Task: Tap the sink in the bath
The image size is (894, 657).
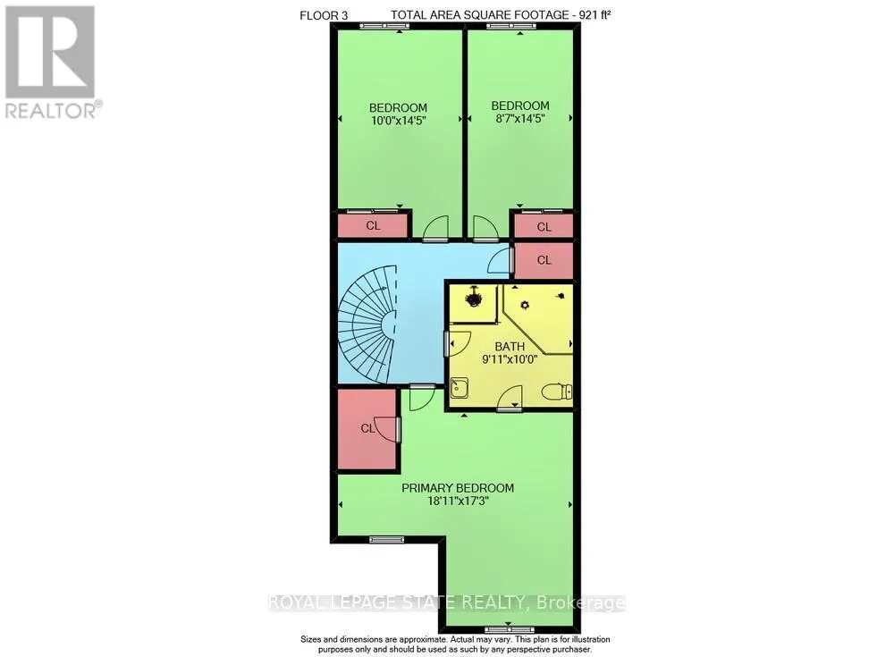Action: point(459,388)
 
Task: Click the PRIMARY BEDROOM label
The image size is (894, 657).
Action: point(457,488)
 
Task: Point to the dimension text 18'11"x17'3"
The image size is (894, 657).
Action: point(457,501)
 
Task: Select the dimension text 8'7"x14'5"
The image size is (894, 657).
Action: point(519,117)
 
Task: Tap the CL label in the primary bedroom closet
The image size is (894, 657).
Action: point(367,429)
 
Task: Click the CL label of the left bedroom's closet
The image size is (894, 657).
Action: point(373,226)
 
